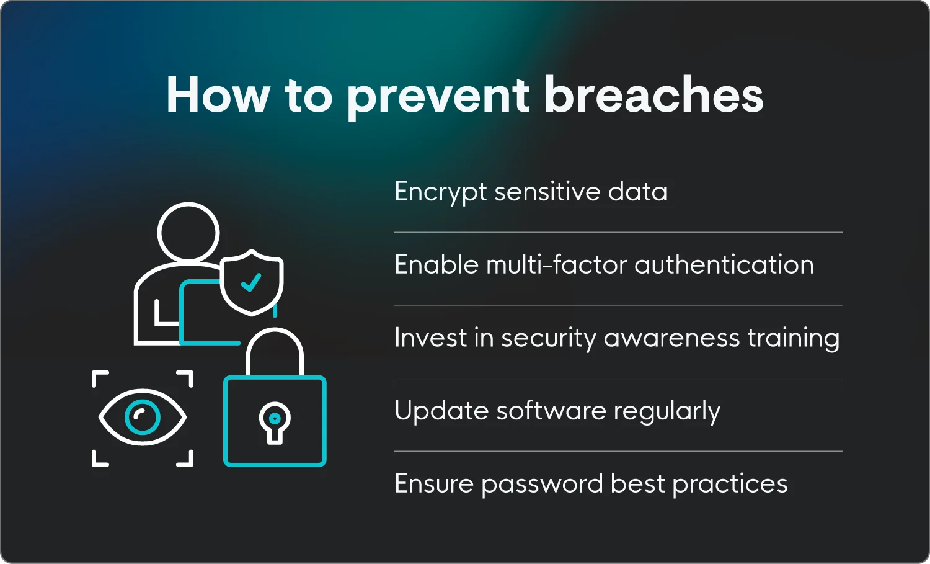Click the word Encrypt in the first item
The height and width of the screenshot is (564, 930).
440,192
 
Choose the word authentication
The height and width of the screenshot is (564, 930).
724,265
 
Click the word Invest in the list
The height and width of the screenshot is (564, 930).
430,338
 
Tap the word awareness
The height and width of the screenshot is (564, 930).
671,338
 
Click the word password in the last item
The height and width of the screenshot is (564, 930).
542,485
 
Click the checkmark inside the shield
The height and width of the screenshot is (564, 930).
251,283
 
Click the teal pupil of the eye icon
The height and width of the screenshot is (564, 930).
143,418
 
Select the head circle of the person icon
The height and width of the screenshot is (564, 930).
188,233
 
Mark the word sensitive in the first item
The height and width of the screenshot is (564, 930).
547,192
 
